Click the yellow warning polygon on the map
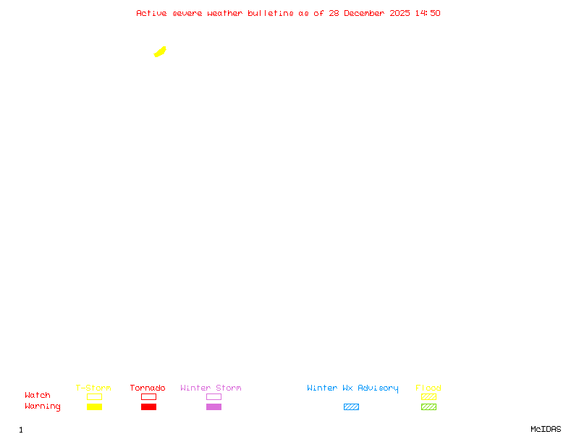[x=160, y=52]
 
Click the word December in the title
[x=364, y=13]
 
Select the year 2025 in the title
[x=400, y=13]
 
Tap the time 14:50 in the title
[x=428, y=13]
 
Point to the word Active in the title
[x=151, y=13]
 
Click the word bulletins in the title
[x=271, y=13]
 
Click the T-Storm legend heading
[x=93, y=388]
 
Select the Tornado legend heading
[x=148, y=388]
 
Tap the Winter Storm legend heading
[x=211, y=388]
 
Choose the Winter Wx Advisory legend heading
[x=352, y=388]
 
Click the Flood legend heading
[x=428, y=388]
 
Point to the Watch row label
[x=38, y=395]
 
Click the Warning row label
[x=43, y=407]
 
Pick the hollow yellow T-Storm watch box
[x=95, y=396]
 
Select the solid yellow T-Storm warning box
[x=95, y=407]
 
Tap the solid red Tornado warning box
[x=149, y=407]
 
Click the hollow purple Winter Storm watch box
[x=214, y=396]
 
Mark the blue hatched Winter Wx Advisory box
[x=351, y=407]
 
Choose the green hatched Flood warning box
[x=428, y=407]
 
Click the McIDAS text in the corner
[x=546, y=429]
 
